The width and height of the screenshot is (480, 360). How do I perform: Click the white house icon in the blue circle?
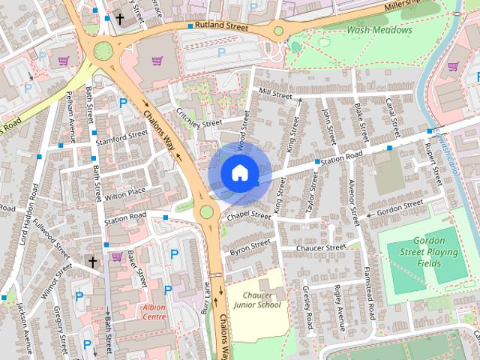click(239, 172)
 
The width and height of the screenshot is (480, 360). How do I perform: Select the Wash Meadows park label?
click(379, 30)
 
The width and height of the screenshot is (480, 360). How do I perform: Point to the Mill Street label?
click(274, 93)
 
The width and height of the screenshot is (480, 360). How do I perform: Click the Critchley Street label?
click(200, 114)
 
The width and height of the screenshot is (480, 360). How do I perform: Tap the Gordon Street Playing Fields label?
click(428, 252)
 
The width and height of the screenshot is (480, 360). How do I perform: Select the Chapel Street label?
click(250, 215)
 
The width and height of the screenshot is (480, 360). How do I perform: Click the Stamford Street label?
click(122, 138)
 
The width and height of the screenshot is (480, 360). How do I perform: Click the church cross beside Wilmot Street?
click(93, 262)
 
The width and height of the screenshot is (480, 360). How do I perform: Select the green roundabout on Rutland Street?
click(278, 31)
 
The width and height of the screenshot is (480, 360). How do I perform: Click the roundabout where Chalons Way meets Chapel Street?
click(206, 212)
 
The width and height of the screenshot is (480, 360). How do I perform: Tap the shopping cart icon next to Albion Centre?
click(116, 256)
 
